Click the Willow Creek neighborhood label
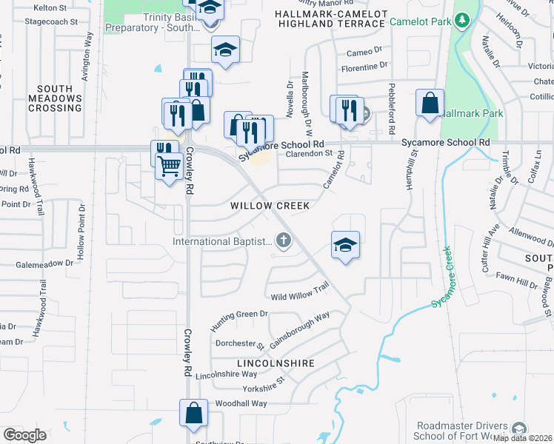pos(270,205)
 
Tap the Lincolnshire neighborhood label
pos(276,364)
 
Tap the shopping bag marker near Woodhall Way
pos(193,413)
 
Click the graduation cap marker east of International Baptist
pos(344,245)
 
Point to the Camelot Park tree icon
pos(462,18)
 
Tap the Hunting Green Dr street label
pos(238,320)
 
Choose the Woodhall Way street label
pos(241,403)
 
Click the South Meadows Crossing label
pos(55,98)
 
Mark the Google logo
pos(24,434)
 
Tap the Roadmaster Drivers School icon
pos(520,429)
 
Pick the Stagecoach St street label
pos(51,22)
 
